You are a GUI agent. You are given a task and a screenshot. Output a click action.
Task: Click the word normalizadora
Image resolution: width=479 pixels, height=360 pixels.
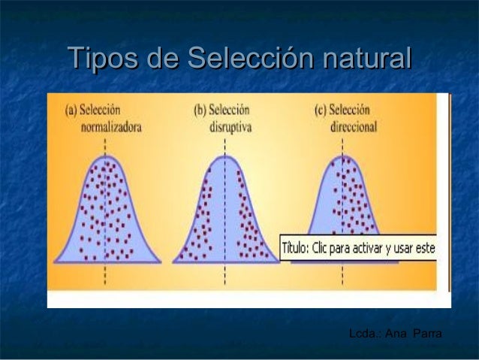pyautogui.click(x=110, y=127)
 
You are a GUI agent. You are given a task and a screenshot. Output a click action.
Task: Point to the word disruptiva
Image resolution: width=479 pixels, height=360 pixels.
pyautogui.click(x=230, y=127)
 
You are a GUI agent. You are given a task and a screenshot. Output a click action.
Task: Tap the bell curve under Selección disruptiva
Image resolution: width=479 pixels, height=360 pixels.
pyautogui.click(x=224, y=214)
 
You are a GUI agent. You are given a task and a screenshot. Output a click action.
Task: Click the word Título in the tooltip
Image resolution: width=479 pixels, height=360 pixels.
pyautogui.click(x=299, y=249)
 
